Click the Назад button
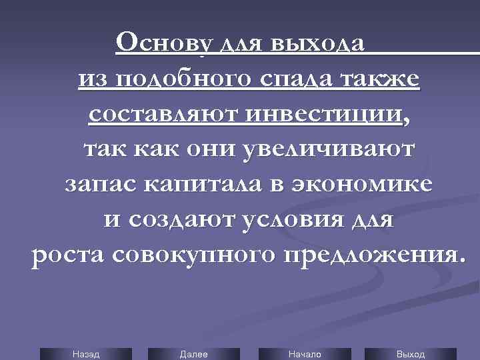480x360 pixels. (85, 354)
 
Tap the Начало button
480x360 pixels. (305, 354)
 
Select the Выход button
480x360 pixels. (411, 354)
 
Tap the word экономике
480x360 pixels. (367, 184)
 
